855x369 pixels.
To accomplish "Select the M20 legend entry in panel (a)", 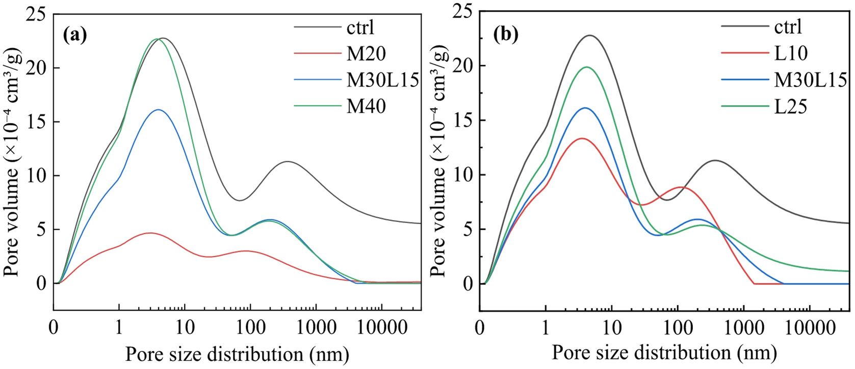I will (x=366, y=53).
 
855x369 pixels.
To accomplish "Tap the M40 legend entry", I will (x=366, y=106).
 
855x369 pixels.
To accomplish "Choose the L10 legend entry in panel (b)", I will (x=790, y=53).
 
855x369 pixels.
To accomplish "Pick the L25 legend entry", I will (x=791, y=106).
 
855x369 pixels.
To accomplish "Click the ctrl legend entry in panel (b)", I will (x=788, y=26).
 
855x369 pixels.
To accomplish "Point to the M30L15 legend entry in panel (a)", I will (x=382, y=80).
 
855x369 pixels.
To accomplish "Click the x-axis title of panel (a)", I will (x=237, y=354).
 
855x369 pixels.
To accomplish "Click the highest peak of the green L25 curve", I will (x=587, y=67).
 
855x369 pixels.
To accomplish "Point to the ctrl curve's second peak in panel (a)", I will (x=288, y=162).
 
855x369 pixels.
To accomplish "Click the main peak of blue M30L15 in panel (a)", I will (x=159, y=110).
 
